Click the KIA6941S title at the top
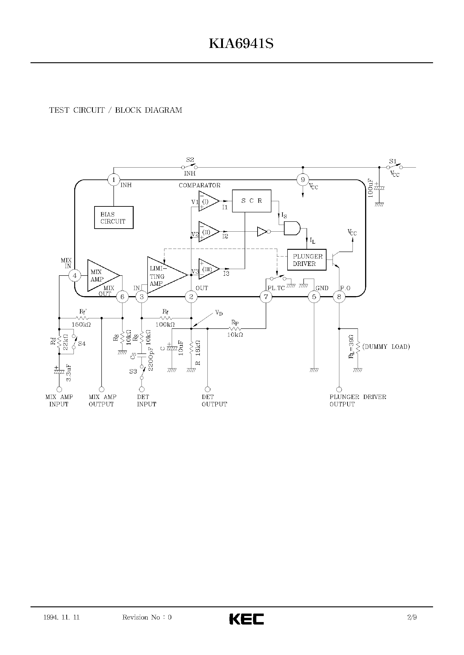point(241,44)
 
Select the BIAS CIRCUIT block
point(114,218)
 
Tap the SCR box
point(251,201)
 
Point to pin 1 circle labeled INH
point(114,180)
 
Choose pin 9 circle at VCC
point(303,180)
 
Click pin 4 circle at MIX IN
point(75,276)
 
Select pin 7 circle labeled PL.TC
point(266,297)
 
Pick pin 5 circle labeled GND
point(314,297)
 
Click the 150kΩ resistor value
point(81,325)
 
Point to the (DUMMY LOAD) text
point(386,347)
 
